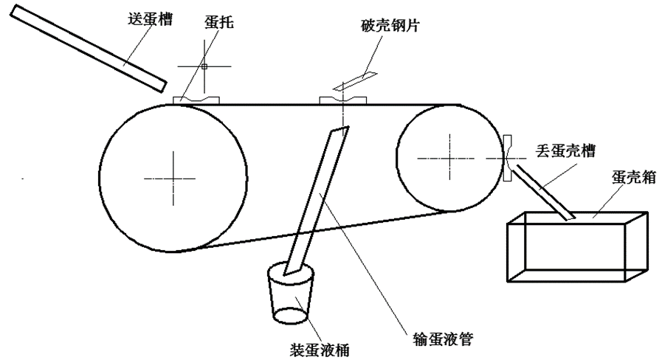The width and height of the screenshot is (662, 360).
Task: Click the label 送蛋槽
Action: [x=151, y=19]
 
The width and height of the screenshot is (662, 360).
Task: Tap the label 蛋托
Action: [x=218, y=22]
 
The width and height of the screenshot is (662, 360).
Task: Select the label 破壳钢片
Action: [x=390, y=26]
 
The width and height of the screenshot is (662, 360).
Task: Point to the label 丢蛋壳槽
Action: [x=566, y=150]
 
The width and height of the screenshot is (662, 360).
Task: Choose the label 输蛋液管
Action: [x=443, y=338]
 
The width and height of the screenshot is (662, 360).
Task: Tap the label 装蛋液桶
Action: [x=320, y=350]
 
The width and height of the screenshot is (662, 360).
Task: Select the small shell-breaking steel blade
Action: [x=356, y=81]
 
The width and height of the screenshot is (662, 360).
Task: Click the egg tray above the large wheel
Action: [x=196, y=100]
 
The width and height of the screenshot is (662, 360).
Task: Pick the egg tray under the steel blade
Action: [x=343, y=100]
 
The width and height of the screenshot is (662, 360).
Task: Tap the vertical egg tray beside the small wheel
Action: [x=508, y=159]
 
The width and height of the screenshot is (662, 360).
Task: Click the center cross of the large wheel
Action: [x=173, y=179]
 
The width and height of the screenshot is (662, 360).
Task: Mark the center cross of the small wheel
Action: [x=449, y=159]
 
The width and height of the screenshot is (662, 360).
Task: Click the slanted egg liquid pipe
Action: [x=317, y=201]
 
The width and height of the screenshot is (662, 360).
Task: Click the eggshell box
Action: [x=577, y=246]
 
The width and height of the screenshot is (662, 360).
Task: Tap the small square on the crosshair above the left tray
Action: [x=204, y=66]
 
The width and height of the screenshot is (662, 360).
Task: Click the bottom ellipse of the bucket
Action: [x=292, y=316]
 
